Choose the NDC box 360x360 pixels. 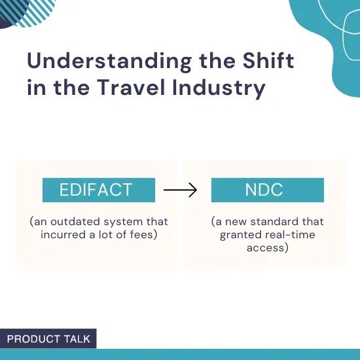click(267, 190)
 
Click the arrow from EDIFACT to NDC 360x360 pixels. click(180, 190)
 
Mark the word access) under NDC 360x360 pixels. click(267, 247)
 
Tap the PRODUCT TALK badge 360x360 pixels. click(48, 338)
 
